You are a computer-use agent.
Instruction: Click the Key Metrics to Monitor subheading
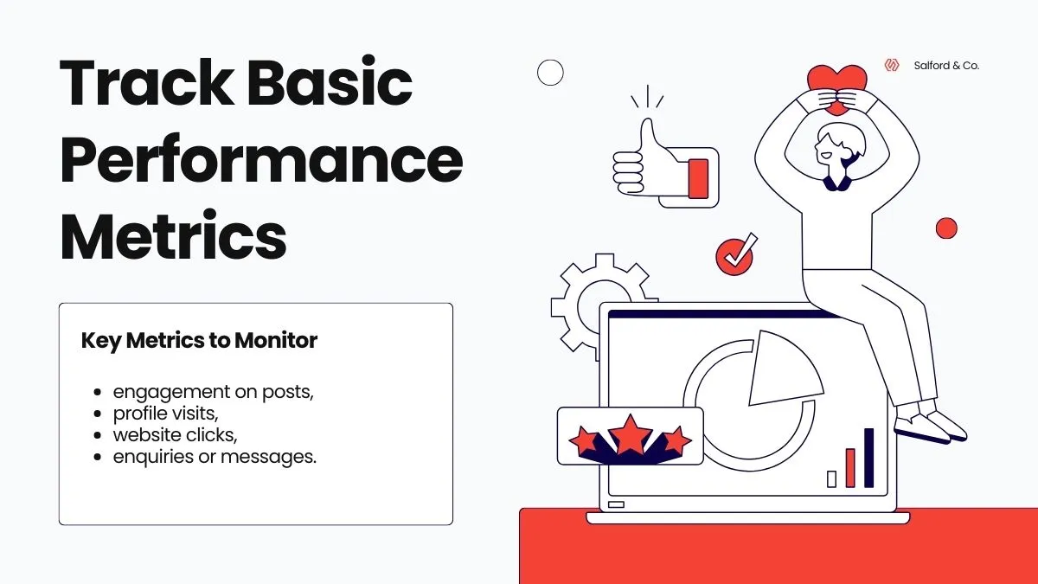199,341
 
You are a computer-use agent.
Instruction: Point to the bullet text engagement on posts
213,391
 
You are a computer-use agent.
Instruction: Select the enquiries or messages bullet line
215,456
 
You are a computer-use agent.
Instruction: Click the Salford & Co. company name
946,65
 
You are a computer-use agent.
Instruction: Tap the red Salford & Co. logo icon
892,65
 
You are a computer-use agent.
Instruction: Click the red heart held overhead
836,85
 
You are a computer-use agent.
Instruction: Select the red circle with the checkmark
734,257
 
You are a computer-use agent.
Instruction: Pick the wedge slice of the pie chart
782,368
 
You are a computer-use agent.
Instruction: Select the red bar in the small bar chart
850,467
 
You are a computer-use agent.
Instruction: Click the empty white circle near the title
550,73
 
